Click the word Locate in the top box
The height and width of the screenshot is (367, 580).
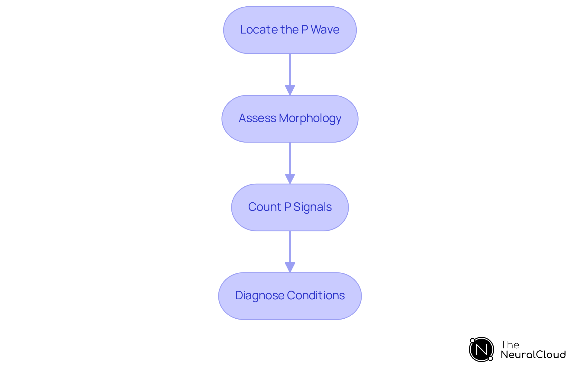click(x=259, y=30)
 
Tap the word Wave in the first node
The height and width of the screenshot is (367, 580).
click(x=325, y=30)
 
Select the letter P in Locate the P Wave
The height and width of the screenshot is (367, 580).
click(x=304, y=30)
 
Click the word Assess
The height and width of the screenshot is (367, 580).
click(x=257, y=118)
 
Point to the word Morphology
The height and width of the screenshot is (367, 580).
click(x=310, y=118)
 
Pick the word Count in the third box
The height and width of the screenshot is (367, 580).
click(x=265, y=207)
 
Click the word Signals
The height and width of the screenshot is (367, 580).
click(x=312, y=207)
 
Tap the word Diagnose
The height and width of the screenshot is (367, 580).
click(x=259, y=295)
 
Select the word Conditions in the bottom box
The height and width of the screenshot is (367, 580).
click(x=316, y=295)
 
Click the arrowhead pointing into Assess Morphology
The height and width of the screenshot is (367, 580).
click(x=290, y=90)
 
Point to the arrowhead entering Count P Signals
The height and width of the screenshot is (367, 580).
click(x=290, y=179)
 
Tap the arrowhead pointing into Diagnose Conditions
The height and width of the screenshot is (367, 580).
click(x=290, y=267)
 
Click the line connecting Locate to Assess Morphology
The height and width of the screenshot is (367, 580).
click(x=290, y=69)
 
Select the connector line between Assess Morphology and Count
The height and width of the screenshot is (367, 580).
click(x=290, y=158)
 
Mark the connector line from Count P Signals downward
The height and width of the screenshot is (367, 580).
click(x=290, y=246)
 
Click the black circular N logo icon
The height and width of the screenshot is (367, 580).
click(x=481, y=349)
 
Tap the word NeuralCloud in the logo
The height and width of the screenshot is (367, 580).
click(x=533, y=355)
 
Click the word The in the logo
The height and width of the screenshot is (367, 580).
click(x=510, y=345)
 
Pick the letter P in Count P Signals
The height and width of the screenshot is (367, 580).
click(x=287, y=207)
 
